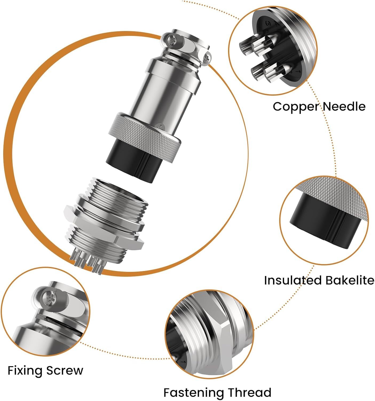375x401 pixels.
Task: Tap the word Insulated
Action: (293, 280)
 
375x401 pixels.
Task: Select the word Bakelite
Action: (350, 280)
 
